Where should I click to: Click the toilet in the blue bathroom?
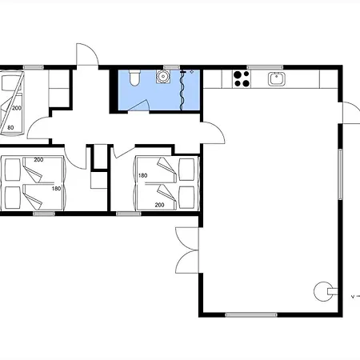point(134,78)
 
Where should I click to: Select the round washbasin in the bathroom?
point(162,76)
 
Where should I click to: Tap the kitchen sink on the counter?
point(277,79)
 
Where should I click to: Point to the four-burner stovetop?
point(242,79)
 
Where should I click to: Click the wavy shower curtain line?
point(182,90)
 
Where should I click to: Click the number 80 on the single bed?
point(10,127)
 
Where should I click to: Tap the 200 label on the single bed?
point(17,108)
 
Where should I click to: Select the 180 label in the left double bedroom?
point(56,189)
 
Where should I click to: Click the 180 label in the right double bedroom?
point(143,175)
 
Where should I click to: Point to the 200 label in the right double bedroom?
point(159,205)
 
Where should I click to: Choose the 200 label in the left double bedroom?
point(38,160)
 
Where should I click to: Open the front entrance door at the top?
point(87,54)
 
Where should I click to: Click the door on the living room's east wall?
point(350,113)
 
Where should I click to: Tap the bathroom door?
point(138,106)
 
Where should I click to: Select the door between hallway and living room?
point(213,133)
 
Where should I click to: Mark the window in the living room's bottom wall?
point(251,315)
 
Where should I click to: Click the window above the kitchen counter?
point(265,67)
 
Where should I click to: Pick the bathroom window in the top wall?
point(171,67)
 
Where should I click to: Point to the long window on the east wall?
point(340,174)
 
